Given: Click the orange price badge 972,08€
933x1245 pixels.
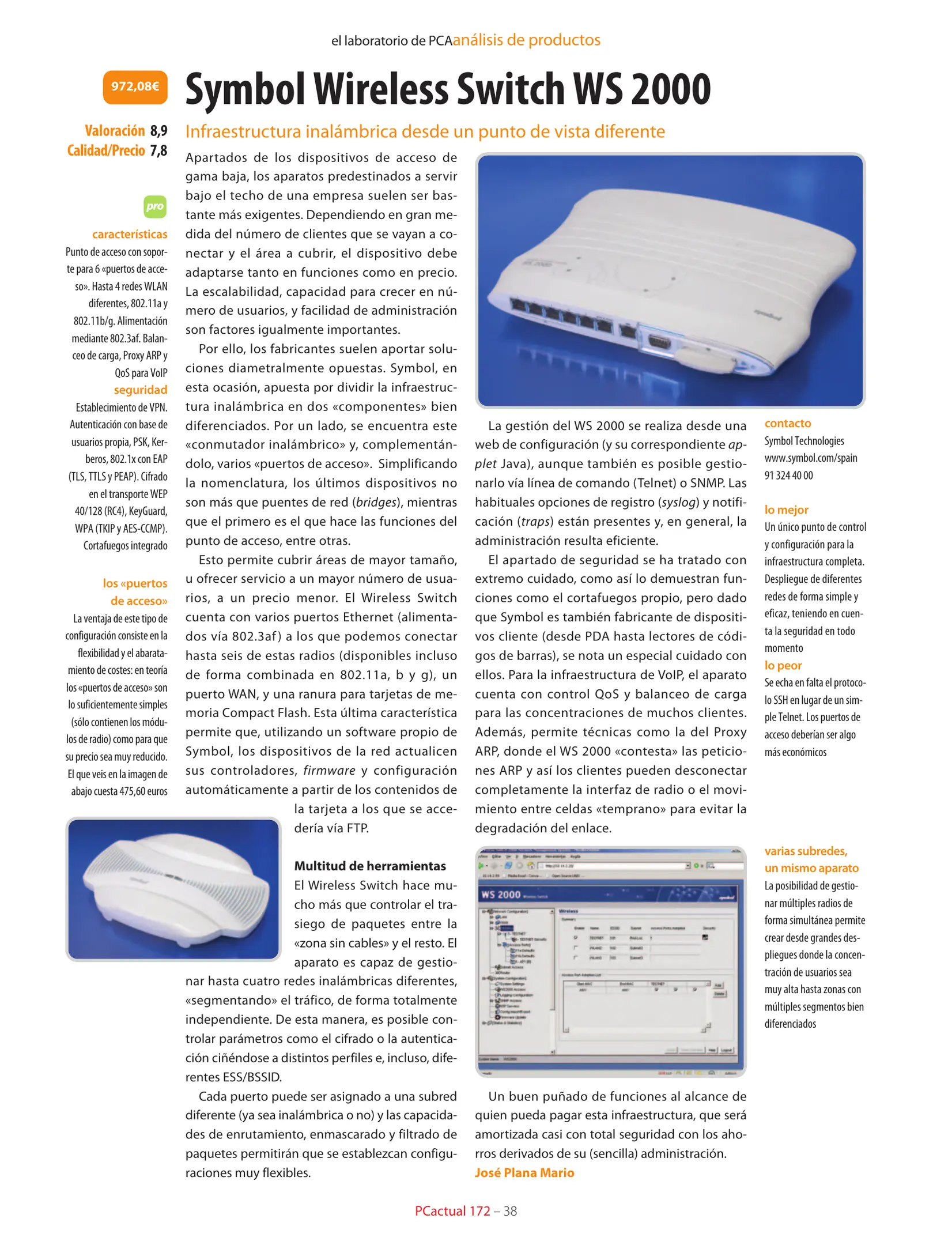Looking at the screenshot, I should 135,87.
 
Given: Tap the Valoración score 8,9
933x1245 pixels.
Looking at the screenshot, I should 158,131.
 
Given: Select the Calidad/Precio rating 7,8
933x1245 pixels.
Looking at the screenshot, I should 158,150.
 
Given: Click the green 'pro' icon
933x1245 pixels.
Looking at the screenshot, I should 154,206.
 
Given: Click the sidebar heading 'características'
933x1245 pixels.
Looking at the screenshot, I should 130,234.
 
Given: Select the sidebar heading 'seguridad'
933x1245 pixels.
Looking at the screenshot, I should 140,390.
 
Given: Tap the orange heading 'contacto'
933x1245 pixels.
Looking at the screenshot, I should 787,423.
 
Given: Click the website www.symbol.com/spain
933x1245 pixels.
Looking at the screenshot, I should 810,458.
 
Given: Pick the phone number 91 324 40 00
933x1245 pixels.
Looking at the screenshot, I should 788,476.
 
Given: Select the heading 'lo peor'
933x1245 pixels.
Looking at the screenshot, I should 783,665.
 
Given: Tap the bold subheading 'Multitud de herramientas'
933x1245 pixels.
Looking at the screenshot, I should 370,866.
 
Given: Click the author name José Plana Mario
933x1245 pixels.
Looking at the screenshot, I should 524,1172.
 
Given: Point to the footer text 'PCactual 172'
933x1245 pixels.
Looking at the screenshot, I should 452,1211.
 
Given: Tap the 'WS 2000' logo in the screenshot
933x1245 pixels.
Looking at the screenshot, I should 501,895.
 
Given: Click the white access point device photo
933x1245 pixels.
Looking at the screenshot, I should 173,889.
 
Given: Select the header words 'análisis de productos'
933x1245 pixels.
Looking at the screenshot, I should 526,40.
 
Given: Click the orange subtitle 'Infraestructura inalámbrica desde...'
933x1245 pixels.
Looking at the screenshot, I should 425,131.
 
